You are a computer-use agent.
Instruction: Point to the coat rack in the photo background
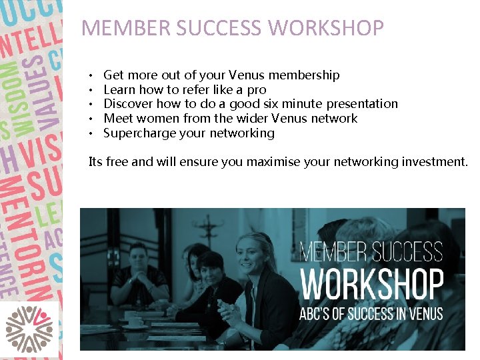coord(213,230)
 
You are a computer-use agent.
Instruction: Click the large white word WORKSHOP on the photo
coord(371,285)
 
